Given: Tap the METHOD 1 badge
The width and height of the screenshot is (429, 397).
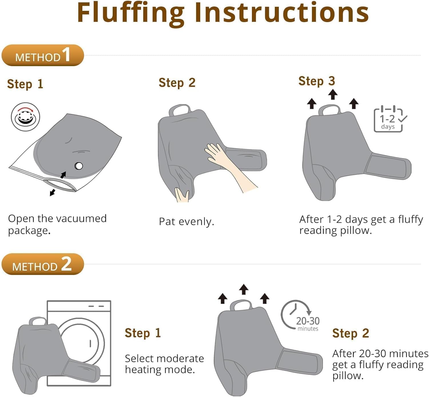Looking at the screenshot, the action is (43, 55).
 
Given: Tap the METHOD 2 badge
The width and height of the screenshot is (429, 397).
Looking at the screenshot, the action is (43, 264).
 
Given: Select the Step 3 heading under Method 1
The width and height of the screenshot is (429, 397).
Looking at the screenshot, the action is (317, 81).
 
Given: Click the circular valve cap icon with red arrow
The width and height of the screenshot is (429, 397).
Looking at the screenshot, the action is (25, 117).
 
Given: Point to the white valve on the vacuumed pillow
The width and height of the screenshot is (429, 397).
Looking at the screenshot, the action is (79, 166).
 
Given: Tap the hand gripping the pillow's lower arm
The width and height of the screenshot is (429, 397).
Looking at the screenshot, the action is (182, 195).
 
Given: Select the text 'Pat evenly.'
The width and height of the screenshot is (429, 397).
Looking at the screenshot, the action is (187, 222).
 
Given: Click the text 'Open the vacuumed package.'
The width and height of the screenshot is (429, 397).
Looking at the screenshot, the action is (57, 225).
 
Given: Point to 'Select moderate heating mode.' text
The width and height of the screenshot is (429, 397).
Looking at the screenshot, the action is (164, 364).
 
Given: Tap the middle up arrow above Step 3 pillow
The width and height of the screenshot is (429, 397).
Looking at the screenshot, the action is (333, 94).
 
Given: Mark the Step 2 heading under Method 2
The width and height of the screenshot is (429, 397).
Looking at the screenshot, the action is (351, 333).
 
